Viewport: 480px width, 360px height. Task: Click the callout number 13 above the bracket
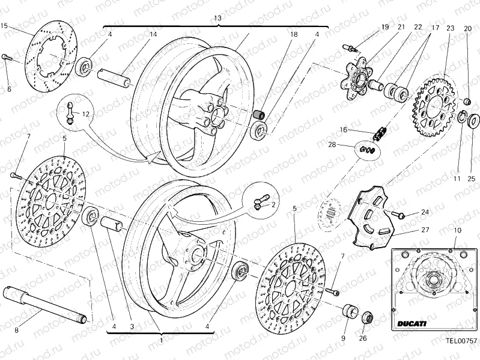tap(217, 19)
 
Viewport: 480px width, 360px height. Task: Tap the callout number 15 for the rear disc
tap(5, 26)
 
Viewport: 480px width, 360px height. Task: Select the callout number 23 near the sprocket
tap(450, 28)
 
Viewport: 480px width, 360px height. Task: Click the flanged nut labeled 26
tap(366, 317)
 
